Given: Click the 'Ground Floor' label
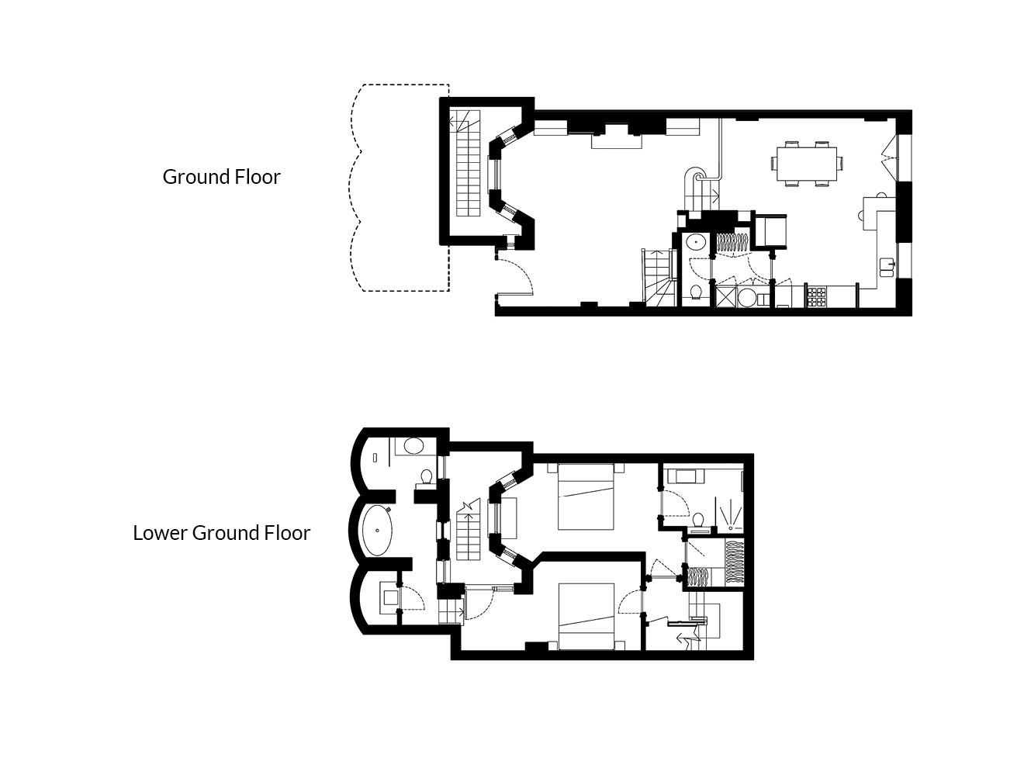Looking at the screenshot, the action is [x=221, y=177].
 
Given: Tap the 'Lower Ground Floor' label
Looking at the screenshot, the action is [x=221, y=533].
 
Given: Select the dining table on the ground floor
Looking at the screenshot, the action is [x=806, y=164].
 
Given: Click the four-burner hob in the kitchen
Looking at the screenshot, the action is [x=816, y=297].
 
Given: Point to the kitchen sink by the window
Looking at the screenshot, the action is [x=887, y=267].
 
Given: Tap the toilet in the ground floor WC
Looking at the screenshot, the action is [x=696, y=292].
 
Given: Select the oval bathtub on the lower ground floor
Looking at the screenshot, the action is [x=378, y=530].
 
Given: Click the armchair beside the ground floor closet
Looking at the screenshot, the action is [x=770, y=230].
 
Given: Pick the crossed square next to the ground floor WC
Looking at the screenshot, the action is [x=726, y=297].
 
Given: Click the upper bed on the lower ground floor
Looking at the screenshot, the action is [x=586, y=496].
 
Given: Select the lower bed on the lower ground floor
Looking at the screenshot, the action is [x=586, y=616].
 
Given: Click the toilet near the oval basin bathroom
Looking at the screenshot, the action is [x=426, y=476].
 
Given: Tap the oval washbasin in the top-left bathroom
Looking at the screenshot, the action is [x=413, y=446].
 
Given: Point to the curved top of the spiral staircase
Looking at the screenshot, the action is [x=696, y=175].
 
